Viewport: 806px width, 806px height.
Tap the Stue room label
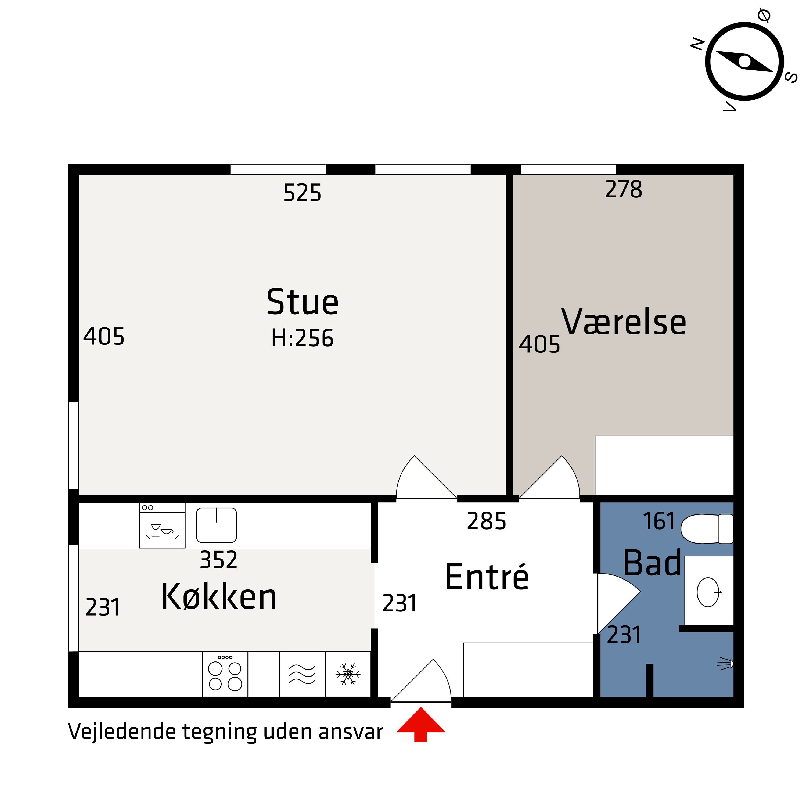coord(303,303)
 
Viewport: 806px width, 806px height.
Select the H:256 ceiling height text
coord(303,338)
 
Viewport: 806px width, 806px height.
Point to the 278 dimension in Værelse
coord(623,189)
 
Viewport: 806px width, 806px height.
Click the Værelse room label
coord(623,322)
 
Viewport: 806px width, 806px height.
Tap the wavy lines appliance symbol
coord(303,674)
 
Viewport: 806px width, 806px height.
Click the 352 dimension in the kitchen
coord(219,560)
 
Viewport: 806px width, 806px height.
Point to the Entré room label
coord(487,577)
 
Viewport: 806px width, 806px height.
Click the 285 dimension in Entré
coord(487,521)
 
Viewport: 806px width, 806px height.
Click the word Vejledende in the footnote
coord(121,732)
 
